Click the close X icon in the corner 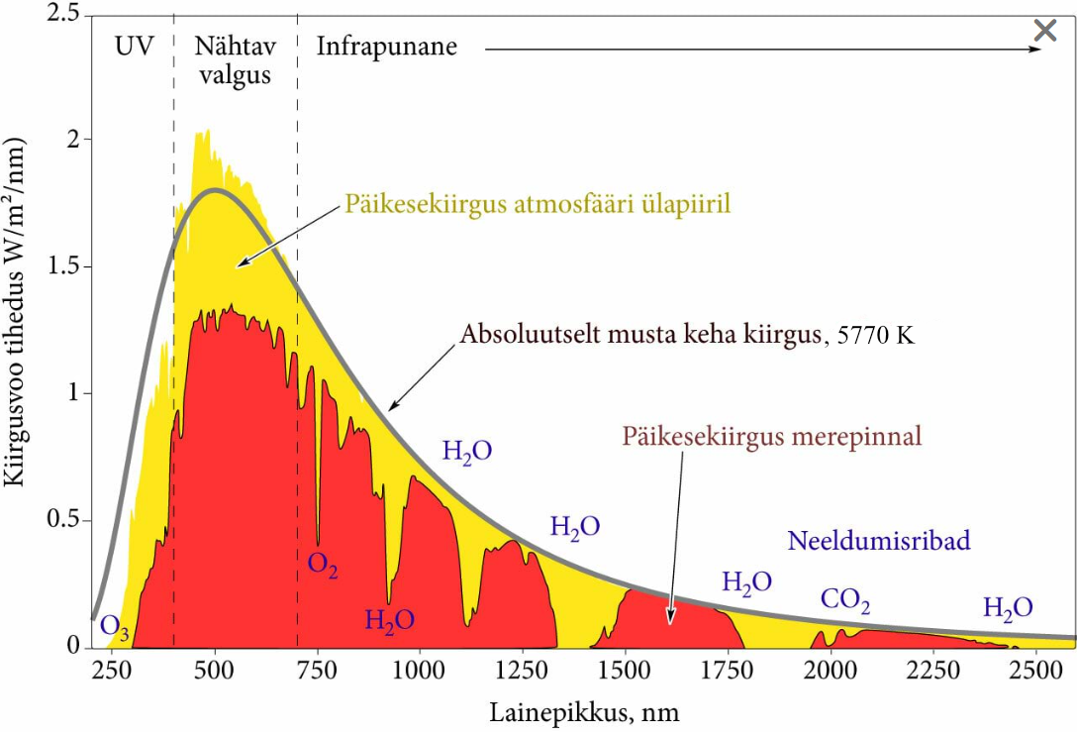pyautogui.click(x=1045, y=30)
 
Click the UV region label pyautogui.click(x=135, y=47)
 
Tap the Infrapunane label pyautogui.click(x=386, y=47)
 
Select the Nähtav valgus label pyautogui.click(x=235, y=60)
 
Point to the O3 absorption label pyautogui.click(x=115, y=627)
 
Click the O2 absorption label pyautogui.click(x=323, y=566)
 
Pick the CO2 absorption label pyautogui.click(x=845, y=600)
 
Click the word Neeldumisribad pyautogui.click(x=878, y=541)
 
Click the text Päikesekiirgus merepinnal pyautogui.click(x=772, y=436)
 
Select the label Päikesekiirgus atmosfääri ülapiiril pyautogui.click(x=538, y=204)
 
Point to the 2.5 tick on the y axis pyautogui.click(x=63, y=13)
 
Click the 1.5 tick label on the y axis pyautogui.click(x=63, y=266)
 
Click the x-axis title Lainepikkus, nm pyautogui.click(x=584, y=711)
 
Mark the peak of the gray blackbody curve pyautogui.click(x=214, y=190)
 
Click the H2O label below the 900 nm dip pyautogui.click(x=389, y=621)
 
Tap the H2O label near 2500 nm pyautogui.click(x=1008, y=607)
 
